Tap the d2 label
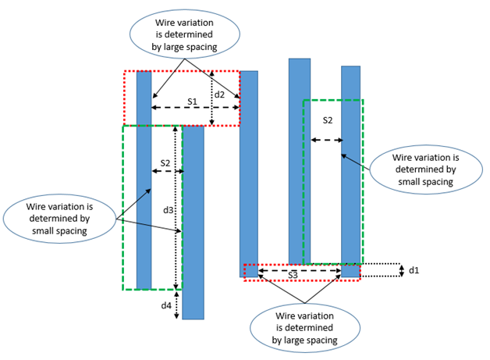click(x=221, y=95)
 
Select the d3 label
click(x=168, y=210)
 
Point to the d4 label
click(x=165, y=305)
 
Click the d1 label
click(x=414, y=270)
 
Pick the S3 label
click(x=293, y=276)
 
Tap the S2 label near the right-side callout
click(x=327, y=120)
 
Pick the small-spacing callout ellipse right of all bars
click(x=425, y=168)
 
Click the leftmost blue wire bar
click(x=144, y=180)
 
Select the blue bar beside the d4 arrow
click(x=193, y=222)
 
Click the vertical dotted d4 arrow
click(x=177, y=305)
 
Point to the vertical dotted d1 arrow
click(x=399, y=270)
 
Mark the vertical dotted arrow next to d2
click(x=211, y=98)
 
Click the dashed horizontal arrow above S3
click(x=300, y=270)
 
